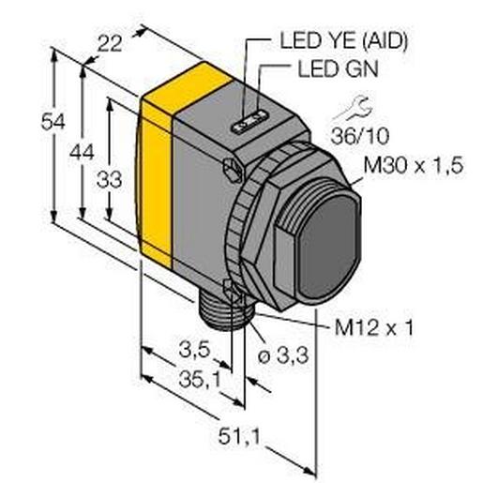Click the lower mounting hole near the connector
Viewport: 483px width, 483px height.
click(x=232, y=288)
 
